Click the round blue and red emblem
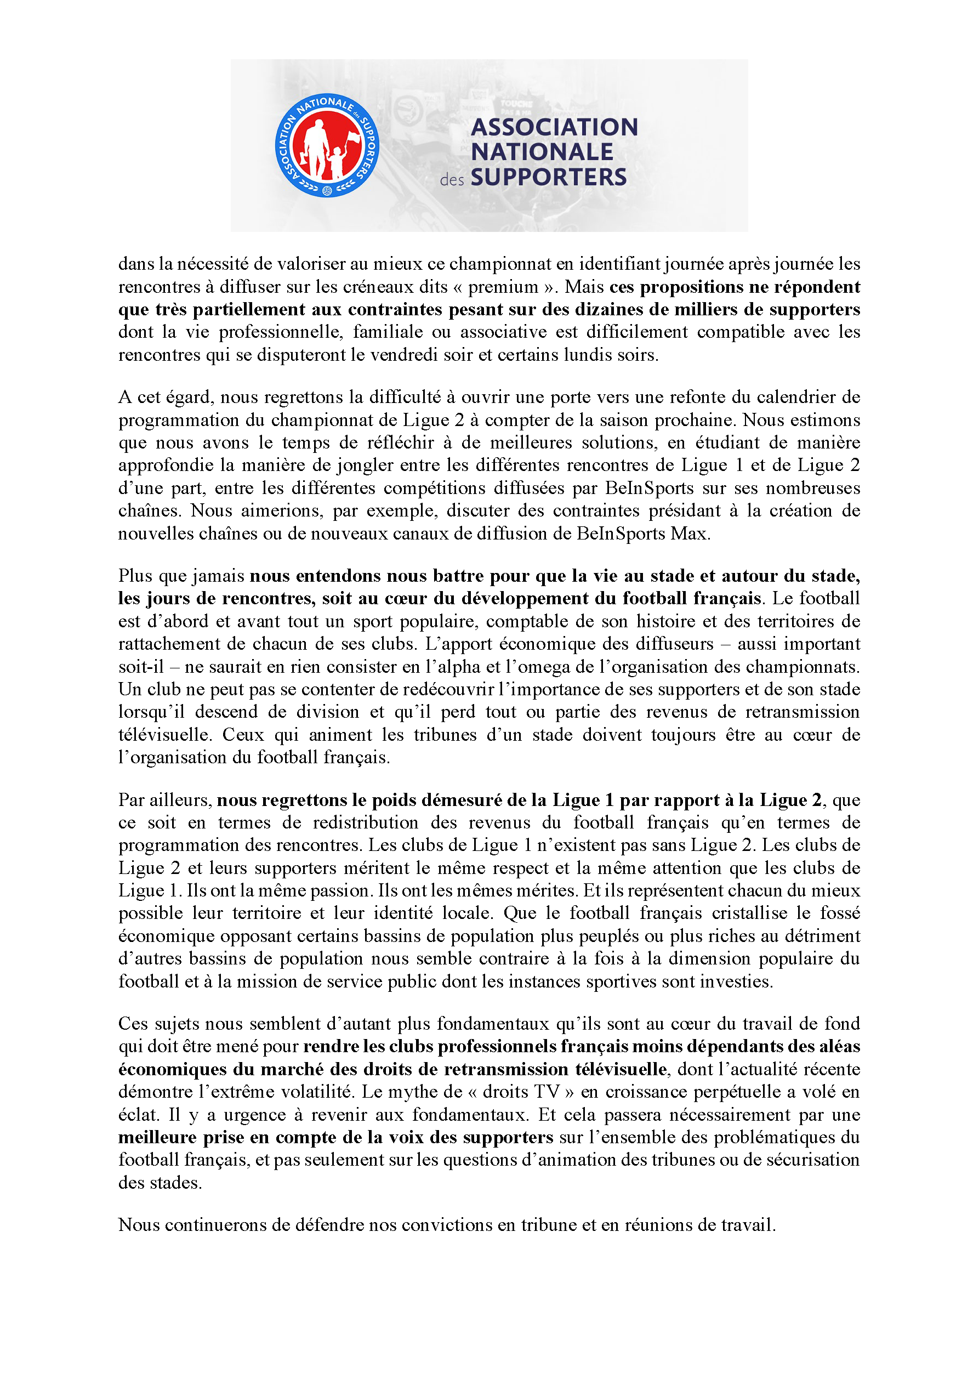click(326, 145)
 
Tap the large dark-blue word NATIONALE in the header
click(542, 152)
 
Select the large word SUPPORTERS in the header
click(548, 177)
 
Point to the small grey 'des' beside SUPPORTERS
click(452, 180)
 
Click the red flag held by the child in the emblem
click(352, 138)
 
